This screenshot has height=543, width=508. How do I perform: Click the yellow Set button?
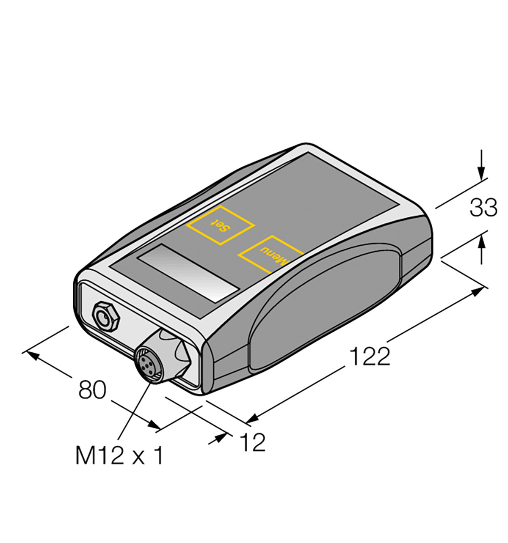221,225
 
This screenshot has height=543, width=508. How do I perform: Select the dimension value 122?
369,357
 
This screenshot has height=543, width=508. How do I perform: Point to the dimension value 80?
92,389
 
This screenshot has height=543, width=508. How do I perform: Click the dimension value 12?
253,442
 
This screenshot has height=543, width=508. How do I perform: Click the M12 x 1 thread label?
119,456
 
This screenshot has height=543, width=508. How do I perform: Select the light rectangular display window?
189,273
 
